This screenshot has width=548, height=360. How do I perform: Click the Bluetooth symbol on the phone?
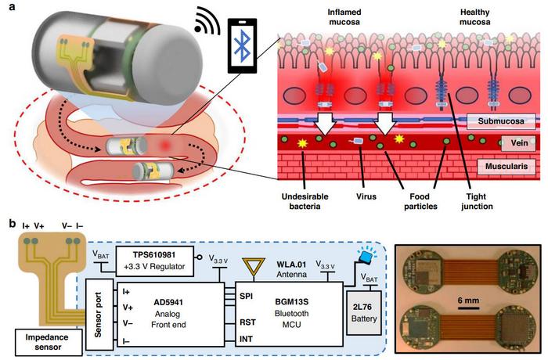point(242,46)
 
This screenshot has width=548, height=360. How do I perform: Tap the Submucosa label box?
point(501,121)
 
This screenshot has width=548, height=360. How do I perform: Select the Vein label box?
point(518,143)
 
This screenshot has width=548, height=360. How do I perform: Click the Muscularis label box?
point(507,167)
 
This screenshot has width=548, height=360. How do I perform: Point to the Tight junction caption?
point(477,201)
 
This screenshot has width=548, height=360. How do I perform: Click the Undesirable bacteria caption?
point(305,201)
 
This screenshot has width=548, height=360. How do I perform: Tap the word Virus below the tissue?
point(366,196)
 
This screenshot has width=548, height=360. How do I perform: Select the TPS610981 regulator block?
point(154,261)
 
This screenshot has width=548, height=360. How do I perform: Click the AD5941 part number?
point(168,302)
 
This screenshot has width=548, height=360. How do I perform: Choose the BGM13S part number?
point(291,301)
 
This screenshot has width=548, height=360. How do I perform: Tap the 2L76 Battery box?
point(364,313)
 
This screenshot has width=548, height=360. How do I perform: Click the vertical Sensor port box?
point(99,315)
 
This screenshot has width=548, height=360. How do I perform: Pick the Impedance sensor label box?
point(49,342)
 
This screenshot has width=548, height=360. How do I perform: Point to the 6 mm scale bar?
point(468,308)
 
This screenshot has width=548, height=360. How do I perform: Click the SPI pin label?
point(246,297)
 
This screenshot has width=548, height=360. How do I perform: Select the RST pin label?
point(247,322)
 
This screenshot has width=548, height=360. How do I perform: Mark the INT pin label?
point(246,339)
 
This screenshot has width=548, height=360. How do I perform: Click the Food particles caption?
point(420,201)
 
